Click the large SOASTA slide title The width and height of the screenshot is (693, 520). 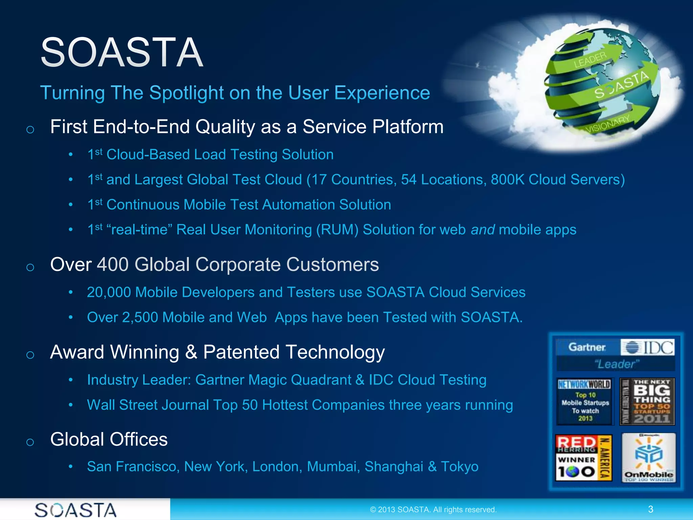coord(122,52)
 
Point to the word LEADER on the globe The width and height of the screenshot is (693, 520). coord(590,60)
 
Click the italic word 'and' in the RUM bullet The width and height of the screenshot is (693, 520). coord(483,230)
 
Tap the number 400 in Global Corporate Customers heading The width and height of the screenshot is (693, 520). coord(113,264)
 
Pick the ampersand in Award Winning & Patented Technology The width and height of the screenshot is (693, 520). coord(191,352)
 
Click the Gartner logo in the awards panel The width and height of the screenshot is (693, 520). coord(587,347)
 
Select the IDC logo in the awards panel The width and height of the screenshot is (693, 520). coord(648,347)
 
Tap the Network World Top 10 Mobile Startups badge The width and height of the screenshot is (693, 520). coord(585,402)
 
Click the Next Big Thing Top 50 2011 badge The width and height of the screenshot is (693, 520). coord(647,402)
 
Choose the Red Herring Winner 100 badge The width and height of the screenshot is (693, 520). coord(583,458)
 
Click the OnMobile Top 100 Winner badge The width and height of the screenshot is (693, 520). coord(648,458)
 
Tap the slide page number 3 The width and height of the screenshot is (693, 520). coord(650,509)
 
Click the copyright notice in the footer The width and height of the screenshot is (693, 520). coord(433,510)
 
